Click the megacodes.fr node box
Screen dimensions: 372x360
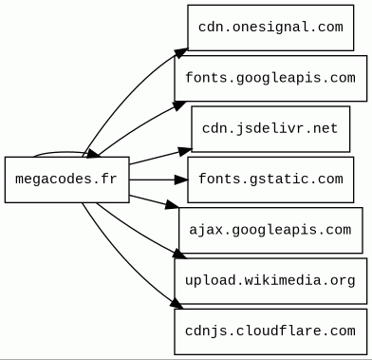[67, 180]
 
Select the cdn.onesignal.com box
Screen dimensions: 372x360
[270, 28]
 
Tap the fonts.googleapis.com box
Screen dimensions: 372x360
[270, 78]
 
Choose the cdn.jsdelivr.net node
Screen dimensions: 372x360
[270, 129]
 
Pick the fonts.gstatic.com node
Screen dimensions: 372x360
[270, 180]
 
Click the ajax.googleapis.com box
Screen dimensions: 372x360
[270, 230]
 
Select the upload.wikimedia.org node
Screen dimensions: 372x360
[270, 281]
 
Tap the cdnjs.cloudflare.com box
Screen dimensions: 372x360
[270, 332]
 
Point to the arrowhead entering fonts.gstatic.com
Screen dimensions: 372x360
[181, 180]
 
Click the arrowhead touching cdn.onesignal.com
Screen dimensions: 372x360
[181, 53]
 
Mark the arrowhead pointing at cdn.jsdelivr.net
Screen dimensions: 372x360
[185, 151]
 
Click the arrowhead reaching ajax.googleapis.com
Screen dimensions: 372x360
[173, 204]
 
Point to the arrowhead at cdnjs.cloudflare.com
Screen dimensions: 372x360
[177, 304]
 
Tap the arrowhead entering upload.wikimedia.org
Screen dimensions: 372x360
[180, 255]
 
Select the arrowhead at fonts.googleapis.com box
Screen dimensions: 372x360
[179, 105]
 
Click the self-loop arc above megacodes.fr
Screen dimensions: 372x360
[60, 153]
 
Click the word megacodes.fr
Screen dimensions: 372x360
[66, 180]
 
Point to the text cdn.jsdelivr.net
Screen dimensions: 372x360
[270, 128]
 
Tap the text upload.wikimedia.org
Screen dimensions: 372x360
[270, 281]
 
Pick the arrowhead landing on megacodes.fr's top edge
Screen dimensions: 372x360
[93, 153]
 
